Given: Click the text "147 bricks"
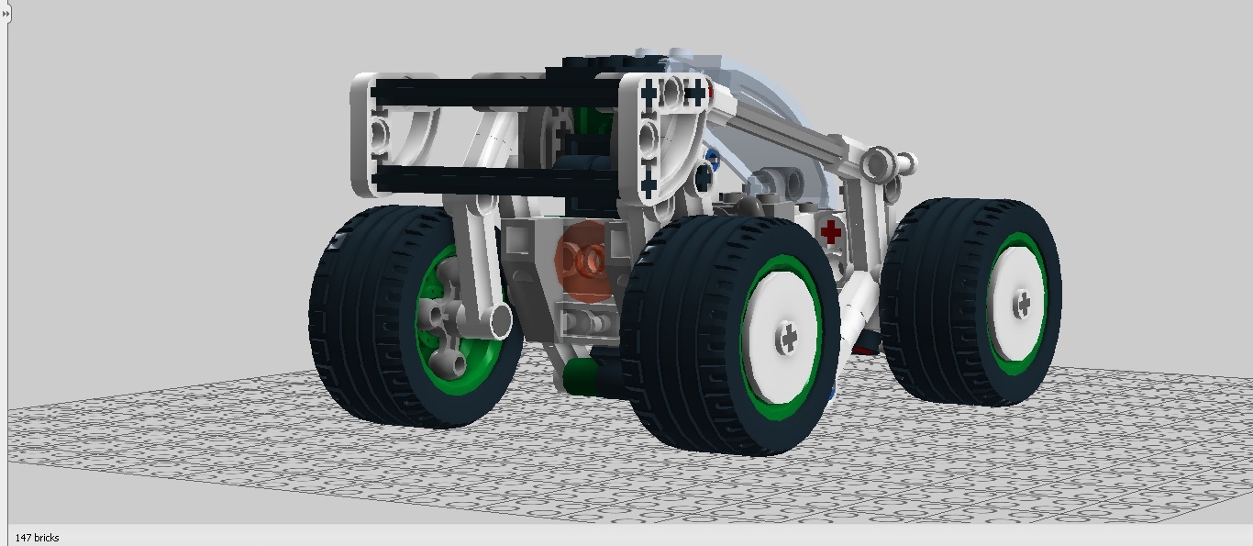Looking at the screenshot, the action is [x=37, y=538].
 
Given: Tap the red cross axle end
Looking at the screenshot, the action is [x=831, y=231].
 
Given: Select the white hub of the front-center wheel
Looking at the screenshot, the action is [x=782, y=338].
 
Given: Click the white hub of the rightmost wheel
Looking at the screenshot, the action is [x=1017, y=303].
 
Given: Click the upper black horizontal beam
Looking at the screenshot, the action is [x=495, y=93].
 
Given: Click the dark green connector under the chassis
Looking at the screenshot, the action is [x=580, y=376].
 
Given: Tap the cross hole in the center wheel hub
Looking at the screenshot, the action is [x=789, y=338].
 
